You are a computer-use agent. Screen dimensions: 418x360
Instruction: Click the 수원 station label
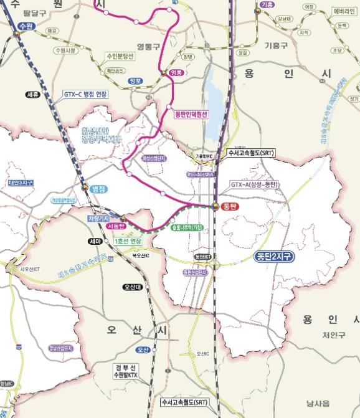tap(26, 26)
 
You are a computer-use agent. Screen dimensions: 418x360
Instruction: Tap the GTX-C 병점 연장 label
tap(85, 94)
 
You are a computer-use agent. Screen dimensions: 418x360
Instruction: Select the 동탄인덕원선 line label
tap(191, 114)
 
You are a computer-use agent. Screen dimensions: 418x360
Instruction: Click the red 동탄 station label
tap(230, 206)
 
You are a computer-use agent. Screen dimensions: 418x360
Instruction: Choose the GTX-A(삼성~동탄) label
tap(254, 184)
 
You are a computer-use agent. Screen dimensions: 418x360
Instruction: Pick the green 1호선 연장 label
tap(128, 240)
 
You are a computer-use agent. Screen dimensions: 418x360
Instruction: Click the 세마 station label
tap(95, 241)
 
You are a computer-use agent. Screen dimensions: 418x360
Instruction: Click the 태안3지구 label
tap(21, 183)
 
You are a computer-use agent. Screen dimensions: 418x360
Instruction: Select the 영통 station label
tap(177, 73)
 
